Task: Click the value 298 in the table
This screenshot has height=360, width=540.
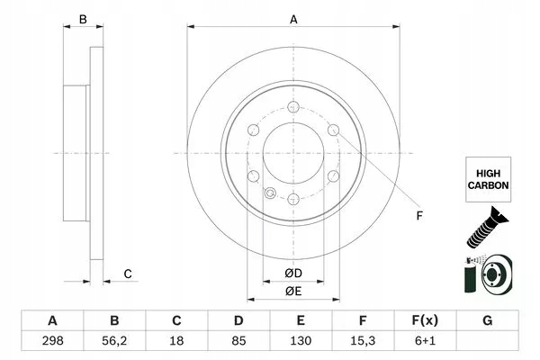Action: tap(53, 342)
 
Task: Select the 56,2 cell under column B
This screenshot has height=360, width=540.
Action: tap(114, 342)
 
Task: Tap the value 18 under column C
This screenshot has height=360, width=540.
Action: tap(177, 342)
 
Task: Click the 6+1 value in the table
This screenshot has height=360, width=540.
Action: tap(426, 342)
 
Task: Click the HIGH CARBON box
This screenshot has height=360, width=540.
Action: tap(489, 176)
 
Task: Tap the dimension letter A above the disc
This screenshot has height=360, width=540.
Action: tap(293, 19)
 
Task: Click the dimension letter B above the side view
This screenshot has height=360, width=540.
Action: tap(82, 19)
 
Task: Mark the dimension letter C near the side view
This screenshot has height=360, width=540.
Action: tap(129, 274)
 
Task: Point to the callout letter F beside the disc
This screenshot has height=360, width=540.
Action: tap(419, 216)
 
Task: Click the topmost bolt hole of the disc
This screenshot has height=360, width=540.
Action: tap(293, 109)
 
